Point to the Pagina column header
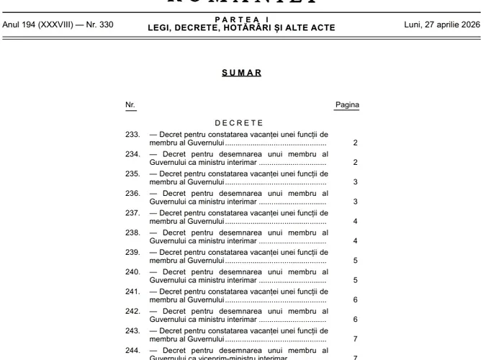pyautogui.click(x=347, y=105)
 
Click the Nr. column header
pyautogui.click(x=130, y=105)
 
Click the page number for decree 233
pyautogui.click(x=356, y=143)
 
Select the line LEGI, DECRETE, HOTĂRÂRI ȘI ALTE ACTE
pyautogui.click(x=241, y=29)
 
